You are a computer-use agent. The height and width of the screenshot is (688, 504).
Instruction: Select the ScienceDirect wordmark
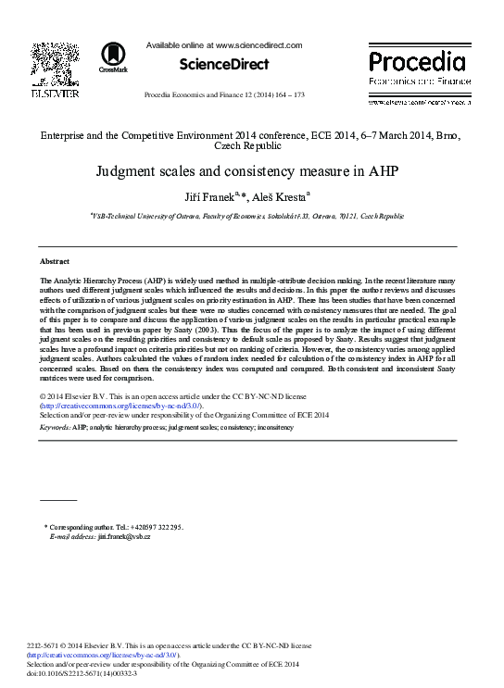coord(224,64)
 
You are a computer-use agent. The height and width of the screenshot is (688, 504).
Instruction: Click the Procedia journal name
coord(418,62)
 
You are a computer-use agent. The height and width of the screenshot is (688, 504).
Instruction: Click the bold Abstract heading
coord(56,262)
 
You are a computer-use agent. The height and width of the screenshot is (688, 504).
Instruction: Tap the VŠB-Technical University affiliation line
coord(247,216)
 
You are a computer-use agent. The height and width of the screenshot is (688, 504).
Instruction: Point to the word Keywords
coord(55,427)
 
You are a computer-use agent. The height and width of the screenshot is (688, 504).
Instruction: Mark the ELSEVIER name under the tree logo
coord(55,93)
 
